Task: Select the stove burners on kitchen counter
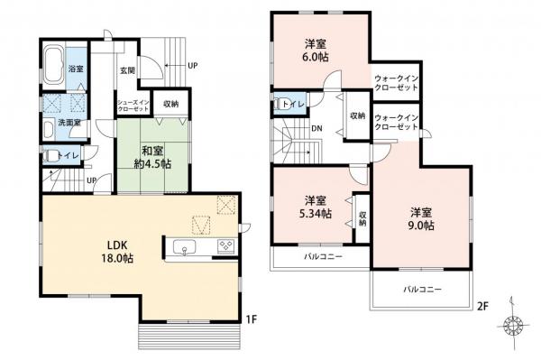coord(224,246)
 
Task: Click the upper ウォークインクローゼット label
coord(397,83)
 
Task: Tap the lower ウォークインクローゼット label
coord(397,123)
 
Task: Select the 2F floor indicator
coord(482,306)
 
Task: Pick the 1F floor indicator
coord(253,318)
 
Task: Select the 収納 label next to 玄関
coord(171,103)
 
